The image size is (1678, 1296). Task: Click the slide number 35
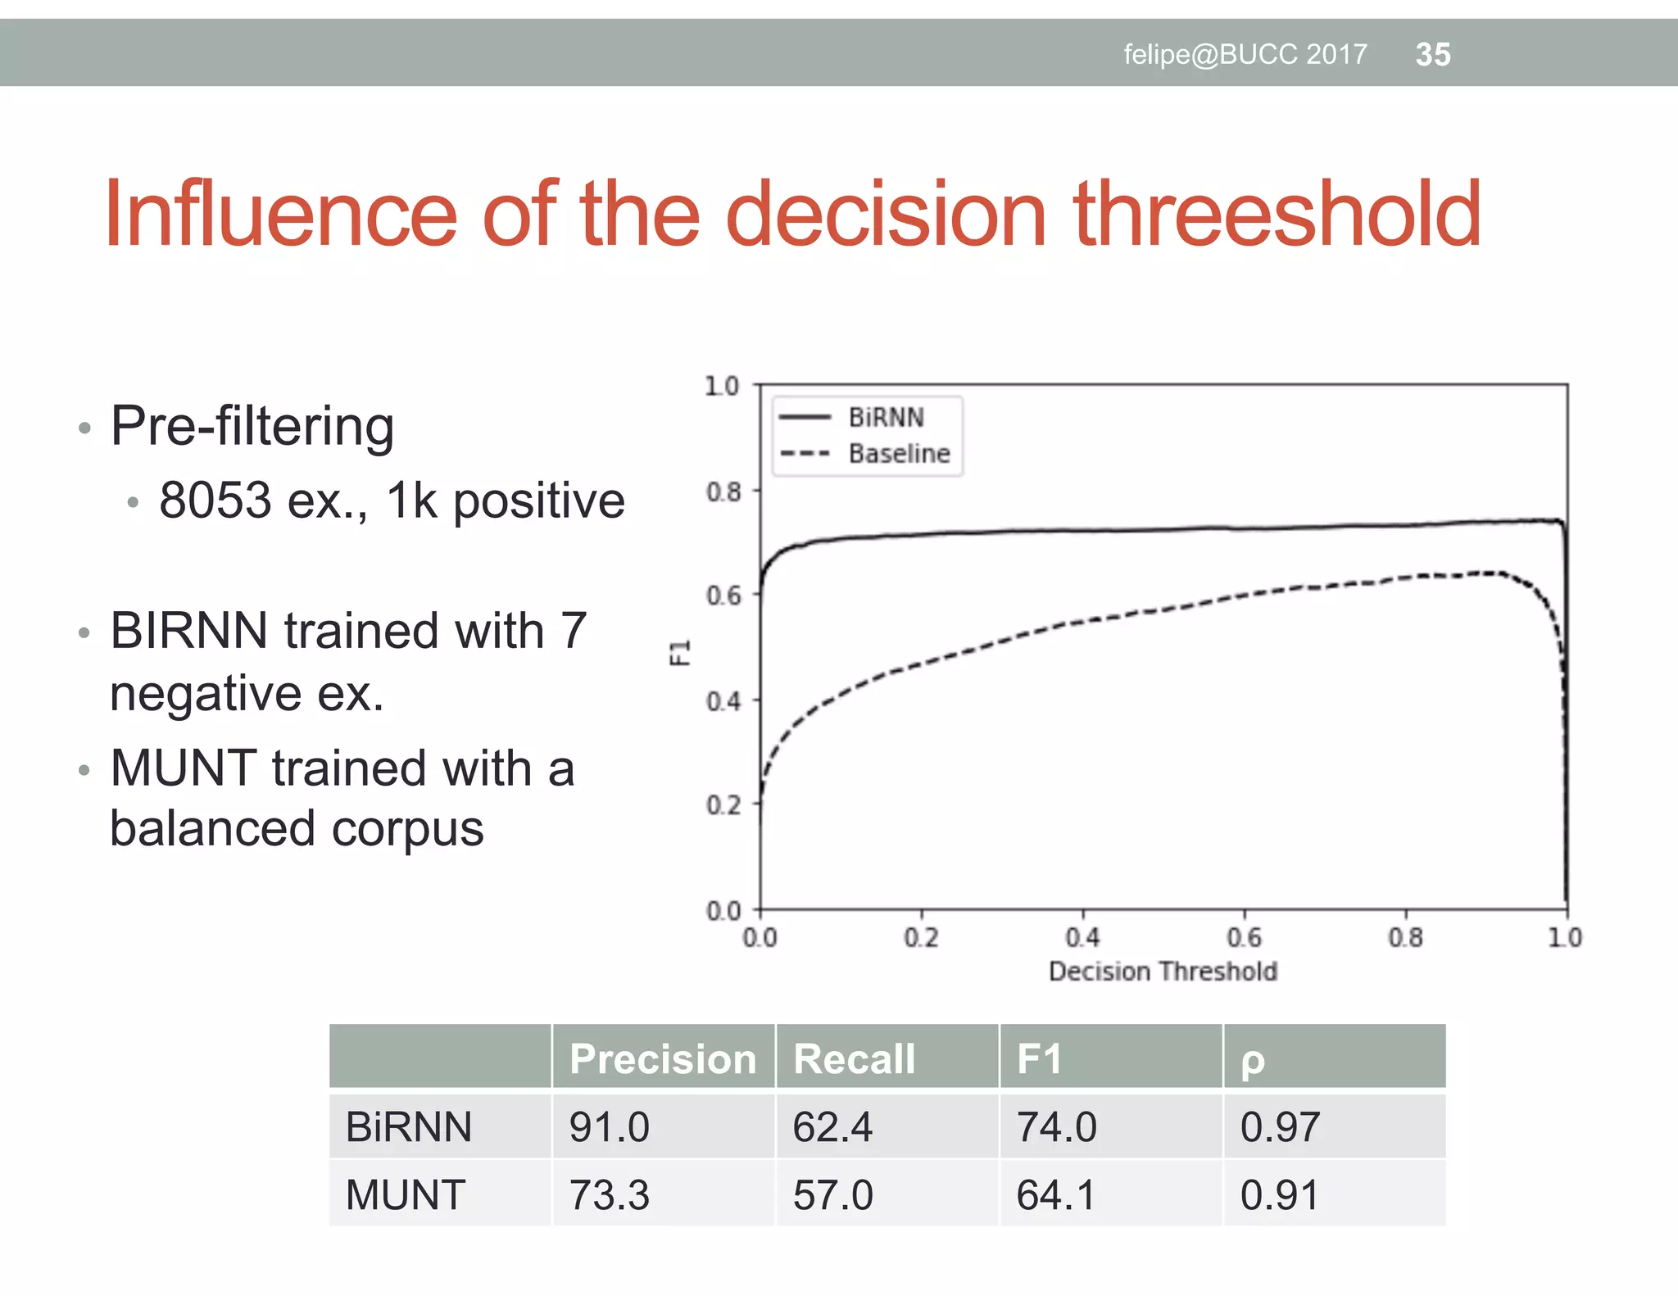[x=1432, y=54]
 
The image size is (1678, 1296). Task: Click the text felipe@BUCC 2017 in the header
[x=1245, y=54]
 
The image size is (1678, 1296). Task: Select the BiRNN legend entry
[x=886, y=417]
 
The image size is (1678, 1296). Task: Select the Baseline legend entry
[x=899, y=453]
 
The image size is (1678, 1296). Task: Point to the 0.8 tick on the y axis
[x=723, y=492]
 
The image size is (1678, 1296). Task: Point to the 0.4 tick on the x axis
[x=1082, y=936]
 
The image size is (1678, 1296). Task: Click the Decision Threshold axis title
[x=1163, y=971]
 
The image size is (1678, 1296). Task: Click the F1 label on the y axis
[x=680, y=652]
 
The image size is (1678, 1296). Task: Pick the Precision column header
[x=663, y=1058]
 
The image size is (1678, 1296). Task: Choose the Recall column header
[x=854, y=1058]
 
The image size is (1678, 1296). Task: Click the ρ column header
[x=1253, y=1060]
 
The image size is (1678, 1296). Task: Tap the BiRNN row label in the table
[x=409, y=1126]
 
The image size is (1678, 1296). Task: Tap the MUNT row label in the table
[x=406, y=1194]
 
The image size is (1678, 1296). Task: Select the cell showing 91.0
[x=610, y=1126]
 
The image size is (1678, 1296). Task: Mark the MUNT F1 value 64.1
[x=1055, y=1194]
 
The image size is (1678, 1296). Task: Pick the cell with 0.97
[x=1280, y=1126]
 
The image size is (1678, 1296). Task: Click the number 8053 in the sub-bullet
[x=215, y=500]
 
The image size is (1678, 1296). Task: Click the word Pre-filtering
[x=252, y=426]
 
